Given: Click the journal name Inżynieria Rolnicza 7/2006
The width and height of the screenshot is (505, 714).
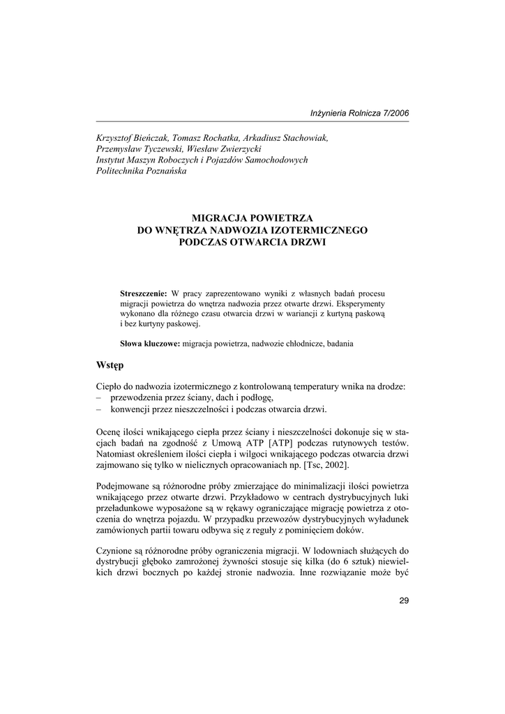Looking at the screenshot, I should point(360,113).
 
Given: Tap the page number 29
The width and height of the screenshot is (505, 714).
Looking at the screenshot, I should point(404,602).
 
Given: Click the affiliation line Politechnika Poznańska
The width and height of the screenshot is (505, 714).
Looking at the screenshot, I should point(141,171).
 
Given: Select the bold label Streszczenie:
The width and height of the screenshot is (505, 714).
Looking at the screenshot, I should point(144,294).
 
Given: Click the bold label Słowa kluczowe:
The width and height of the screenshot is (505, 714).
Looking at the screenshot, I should point(150,343).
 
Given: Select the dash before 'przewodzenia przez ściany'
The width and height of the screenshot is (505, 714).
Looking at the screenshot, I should point(99,397).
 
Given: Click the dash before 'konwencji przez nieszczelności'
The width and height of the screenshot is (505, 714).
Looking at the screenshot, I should point(99,409).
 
